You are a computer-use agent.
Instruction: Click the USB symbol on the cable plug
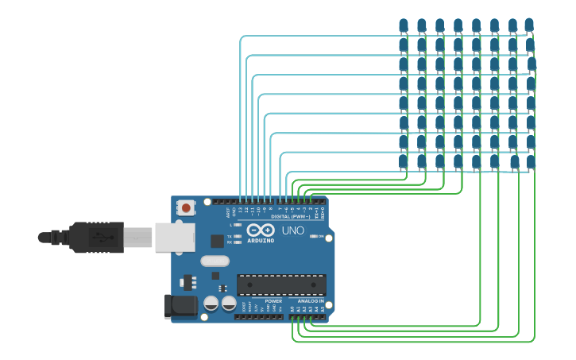click(99, 237)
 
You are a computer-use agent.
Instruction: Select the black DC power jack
click(180, 306)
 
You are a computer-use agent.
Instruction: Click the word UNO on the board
click(293, 230)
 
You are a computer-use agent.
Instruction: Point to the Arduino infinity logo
click(261, 230)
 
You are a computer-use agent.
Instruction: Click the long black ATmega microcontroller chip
click(281, 285)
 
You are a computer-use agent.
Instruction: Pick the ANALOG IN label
click(311, 301)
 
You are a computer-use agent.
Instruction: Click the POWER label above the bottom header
click(273, 301)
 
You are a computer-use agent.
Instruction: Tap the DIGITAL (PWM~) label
click(291, 216)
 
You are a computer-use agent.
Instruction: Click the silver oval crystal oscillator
click(215, 261)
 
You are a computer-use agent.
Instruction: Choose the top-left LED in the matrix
click(404, 25)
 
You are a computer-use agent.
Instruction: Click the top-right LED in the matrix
click(530, 25)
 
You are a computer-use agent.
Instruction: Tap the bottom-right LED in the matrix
click(531, 162)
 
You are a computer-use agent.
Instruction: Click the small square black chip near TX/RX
click(217, 241)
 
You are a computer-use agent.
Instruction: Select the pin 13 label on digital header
click(241, 209)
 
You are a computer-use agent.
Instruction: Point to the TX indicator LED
click(238, 236)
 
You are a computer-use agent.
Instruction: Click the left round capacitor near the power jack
click(211, 303)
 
